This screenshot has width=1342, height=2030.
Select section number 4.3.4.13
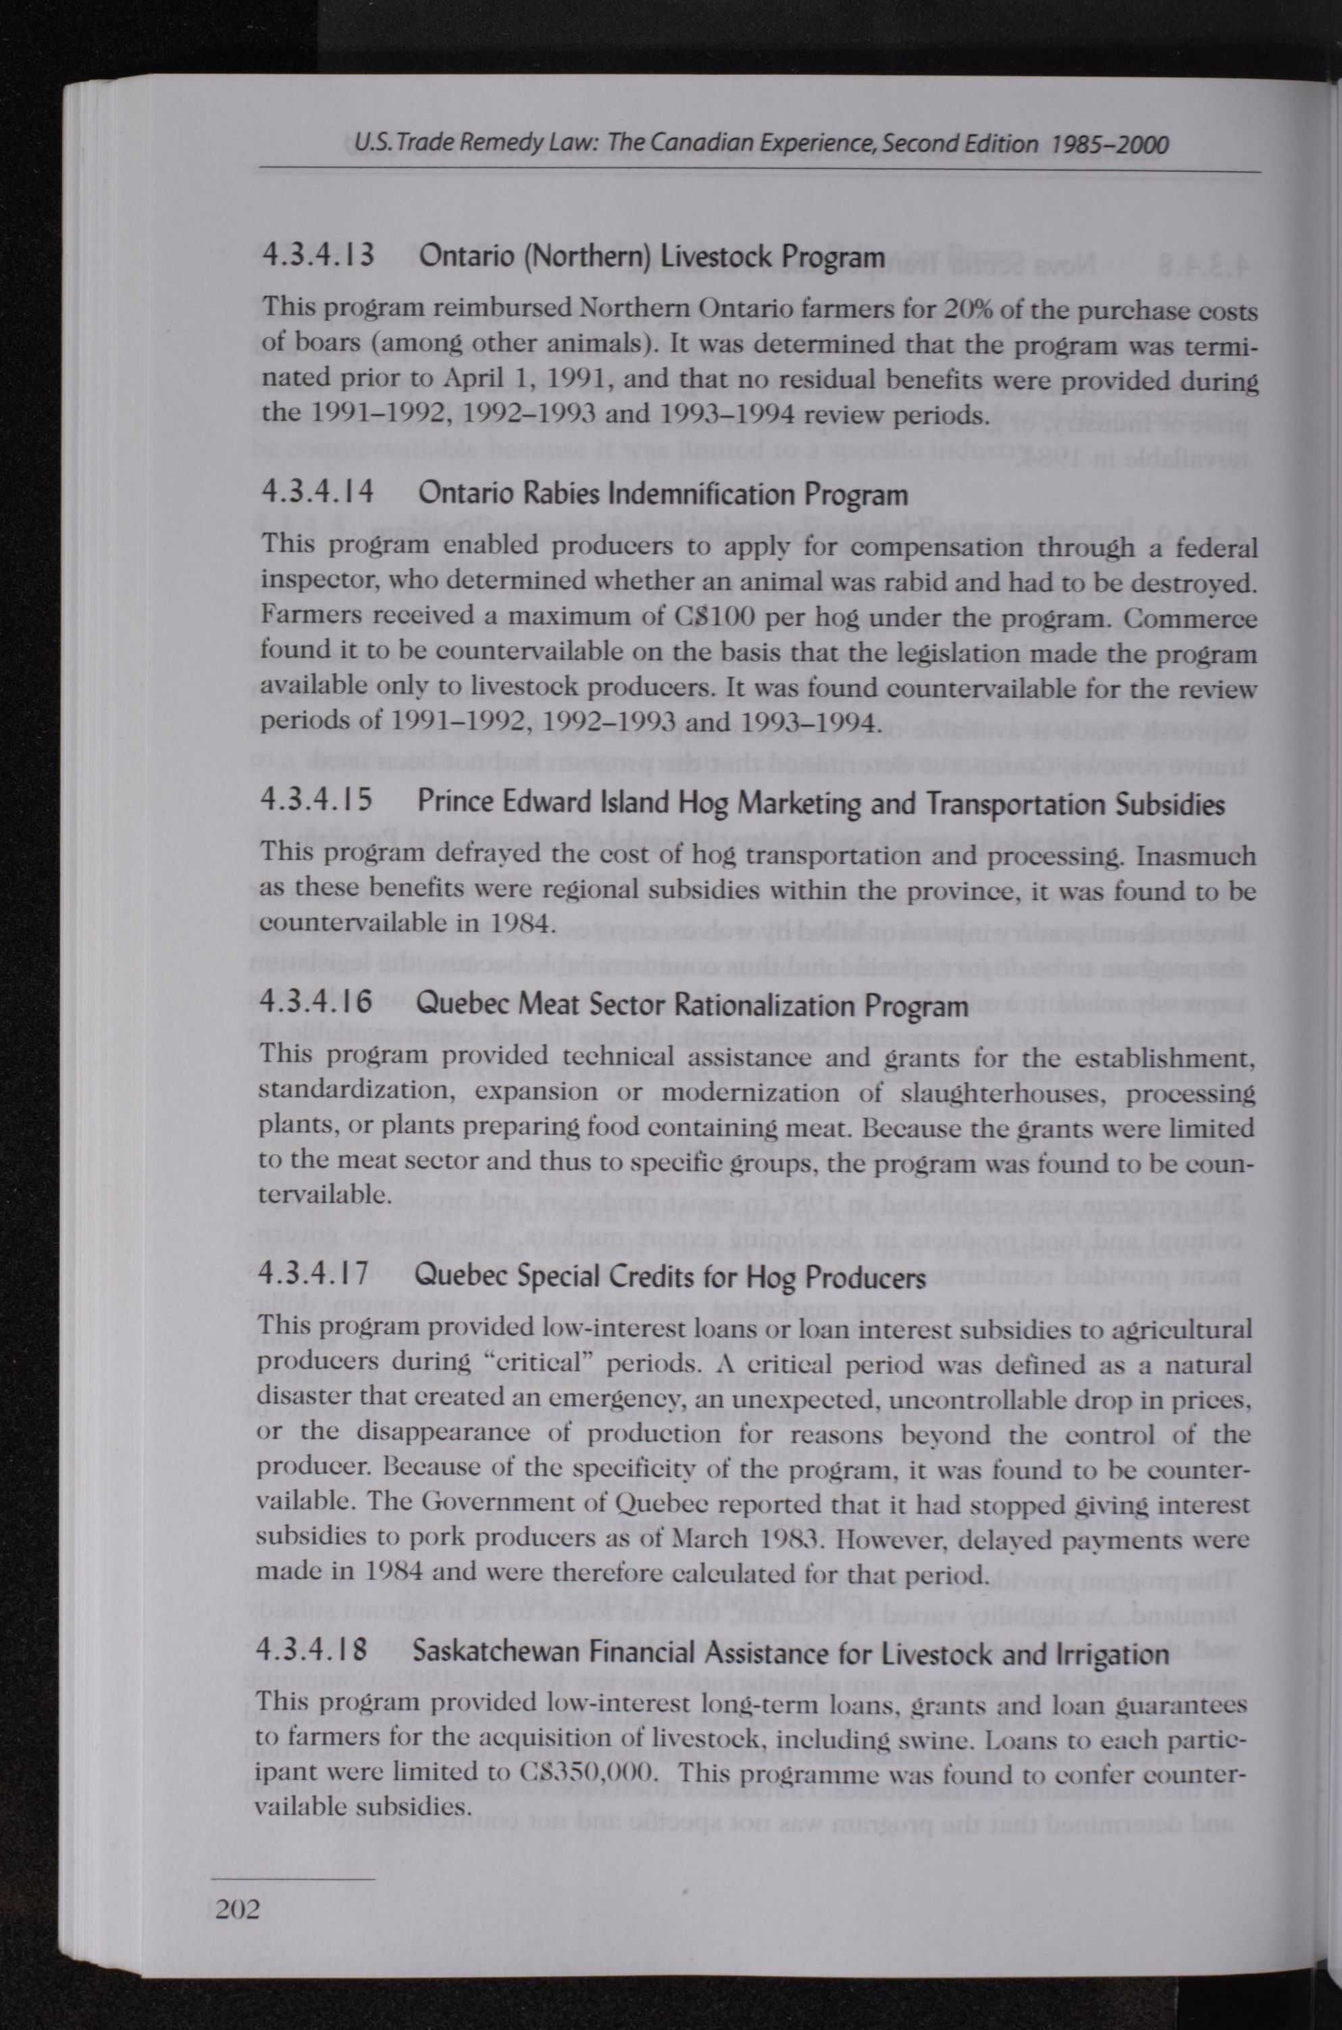pos(317,256)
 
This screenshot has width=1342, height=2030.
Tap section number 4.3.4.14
pos(317,493)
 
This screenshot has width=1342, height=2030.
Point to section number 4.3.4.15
pos(316,801)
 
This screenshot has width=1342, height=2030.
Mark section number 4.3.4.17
pos(313,1275)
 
